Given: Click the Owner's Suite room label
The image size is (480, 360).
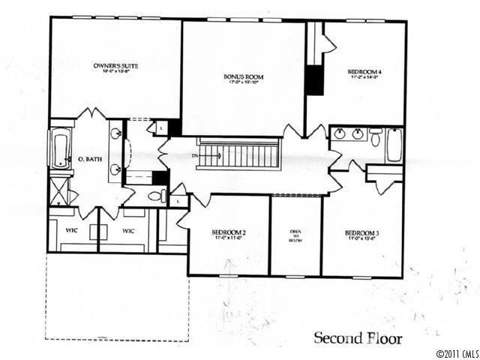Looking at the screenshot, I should [115, 66].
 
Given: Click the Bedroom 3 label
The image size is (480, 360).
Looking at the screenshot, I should [361, 233].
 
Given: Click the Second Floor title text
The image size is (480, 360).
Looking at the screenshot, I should [357, 337].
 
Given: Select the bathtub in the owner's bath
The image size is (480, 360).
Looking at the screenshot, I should [60, 148].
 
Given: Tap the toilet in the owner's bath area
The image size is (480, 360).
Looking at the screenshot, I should [155, 196].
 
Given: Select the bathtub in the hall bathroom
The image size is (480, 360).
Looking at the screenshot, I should [394, 145].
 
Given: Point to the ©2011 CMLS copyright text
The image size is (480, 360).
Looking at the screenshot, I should [455, 352].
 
